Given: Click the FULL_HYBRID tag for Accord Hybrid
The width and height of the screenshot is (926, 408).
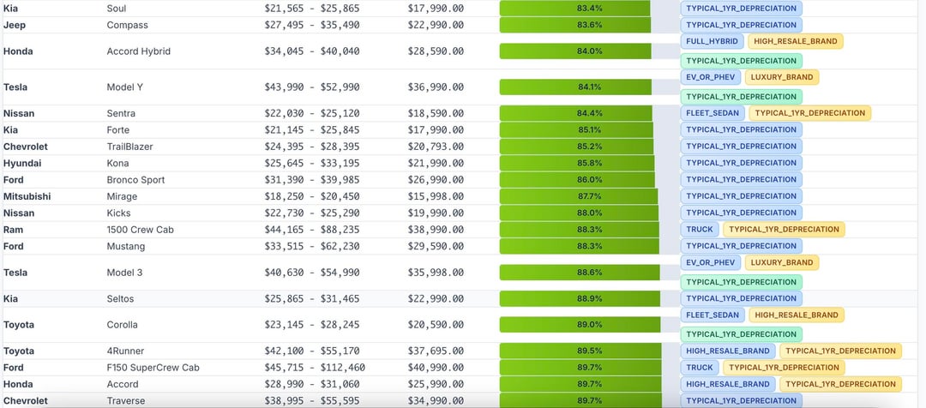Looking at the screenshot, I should pyautogui.click(x=711, y=41).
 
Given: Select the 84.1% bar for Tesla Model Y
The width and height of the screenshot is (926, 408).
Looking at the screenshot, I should pyautogui.click(x=576, y=87).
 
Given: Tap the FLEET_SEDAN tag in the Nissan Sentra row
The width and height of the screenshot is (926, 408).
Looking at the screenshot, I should pyautogui.click(x=712, y=113).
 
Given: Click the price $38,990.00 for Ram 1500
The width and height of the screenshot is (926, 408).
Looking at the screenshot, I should pyautogui.click(x=436, y=230).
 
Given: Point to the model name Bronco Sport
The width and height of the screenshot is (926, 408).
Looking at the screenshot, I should pyautogui.click(x=135, y=180).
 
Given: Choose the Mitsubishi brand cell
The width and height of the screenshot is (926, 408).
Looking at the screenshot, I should pyautogui.click(x=27, y=196).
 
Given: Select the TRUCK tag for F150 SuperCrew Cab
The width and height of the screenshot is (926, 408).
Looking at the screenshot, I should pyautogui.click(x=699, y=368).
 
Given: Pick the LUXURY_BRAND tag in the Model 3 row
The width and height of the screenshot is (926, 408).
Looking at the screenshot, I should pyautogui.click(x=781, y=262).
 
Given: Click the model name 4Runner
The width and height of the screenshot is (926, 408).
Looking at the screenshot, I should pyautogui.click(x=126, y=351).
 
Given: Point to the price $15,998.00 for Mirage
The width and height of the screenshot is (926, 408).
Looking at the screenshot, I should pyautogui.click(x=436, y=196).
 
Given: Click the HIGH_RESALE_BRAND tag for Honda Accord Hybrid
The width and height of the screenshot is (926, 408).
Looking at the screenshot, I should pyautogui.click(x=796, y=41).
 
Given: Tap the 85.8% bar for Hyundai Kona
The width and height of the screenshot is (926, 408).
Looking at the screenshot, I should pyautogui.click(x=577, y=163).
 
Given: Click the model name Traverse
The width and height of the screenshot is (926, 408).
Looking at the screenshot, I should pyautogui.click(x=127, y=400).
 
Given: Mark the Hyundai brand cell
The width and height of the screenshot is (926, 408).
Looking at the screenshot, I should pyautogui.click(x=22, y=163).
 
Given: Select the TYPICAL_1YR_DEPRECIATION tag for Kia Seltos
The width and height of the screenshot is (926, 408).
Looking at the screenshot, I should pyautogui.click(x=741, y=298).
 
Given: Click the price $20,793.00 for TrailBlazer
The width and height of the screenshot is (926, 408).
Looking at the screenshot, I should pyautogui.click(x=436, y=147).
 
